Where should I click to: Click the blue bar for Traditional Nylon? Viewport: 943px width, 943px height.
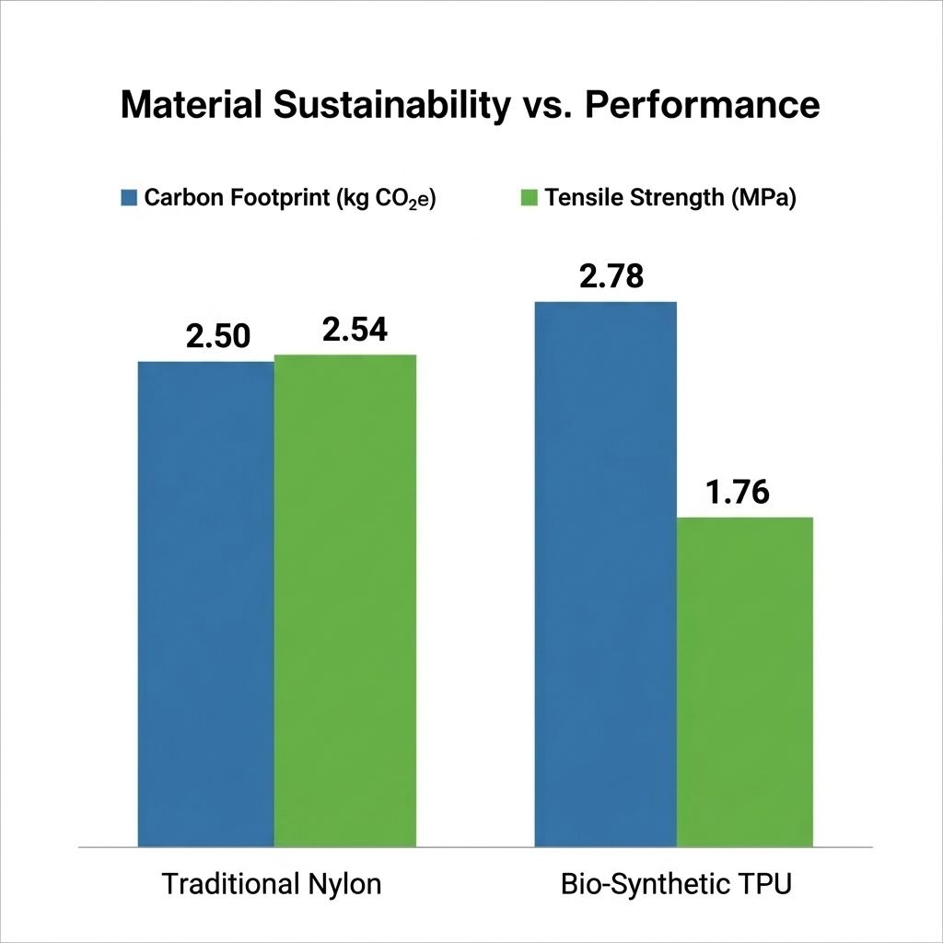[x=205, y=603]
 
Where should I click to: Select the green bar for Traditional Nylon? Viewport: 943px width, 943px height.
[x=345, y=600]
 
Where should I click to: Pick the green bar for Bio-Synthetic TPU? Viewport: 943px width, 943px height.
[x=745, y=681]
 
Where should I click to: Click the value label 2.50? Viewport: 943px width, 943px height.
[x=217, y=336]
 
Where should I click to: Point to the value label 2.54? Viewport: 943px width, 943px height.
[x=355, y=330]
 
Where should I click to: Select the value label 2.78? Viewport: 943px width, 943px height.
[x=612, y=276]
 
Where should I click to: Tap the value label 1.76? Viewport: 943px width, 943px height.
[x=739, y=493]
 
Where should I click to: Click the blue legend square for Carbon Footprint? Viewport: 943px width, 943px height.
[x=130, y=198]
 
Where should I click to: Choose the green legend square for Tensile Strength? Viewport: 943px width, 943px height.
[x=529, y=198]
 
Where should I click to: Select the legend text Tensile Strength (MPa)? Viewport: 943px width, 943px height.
[x=669, y=198]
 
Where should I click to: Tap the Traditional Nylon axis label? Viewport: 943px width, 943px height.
[x=272, y=885]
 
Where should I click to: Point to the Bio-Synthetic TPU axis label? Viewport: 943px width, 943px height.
[x=676, y=885]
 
